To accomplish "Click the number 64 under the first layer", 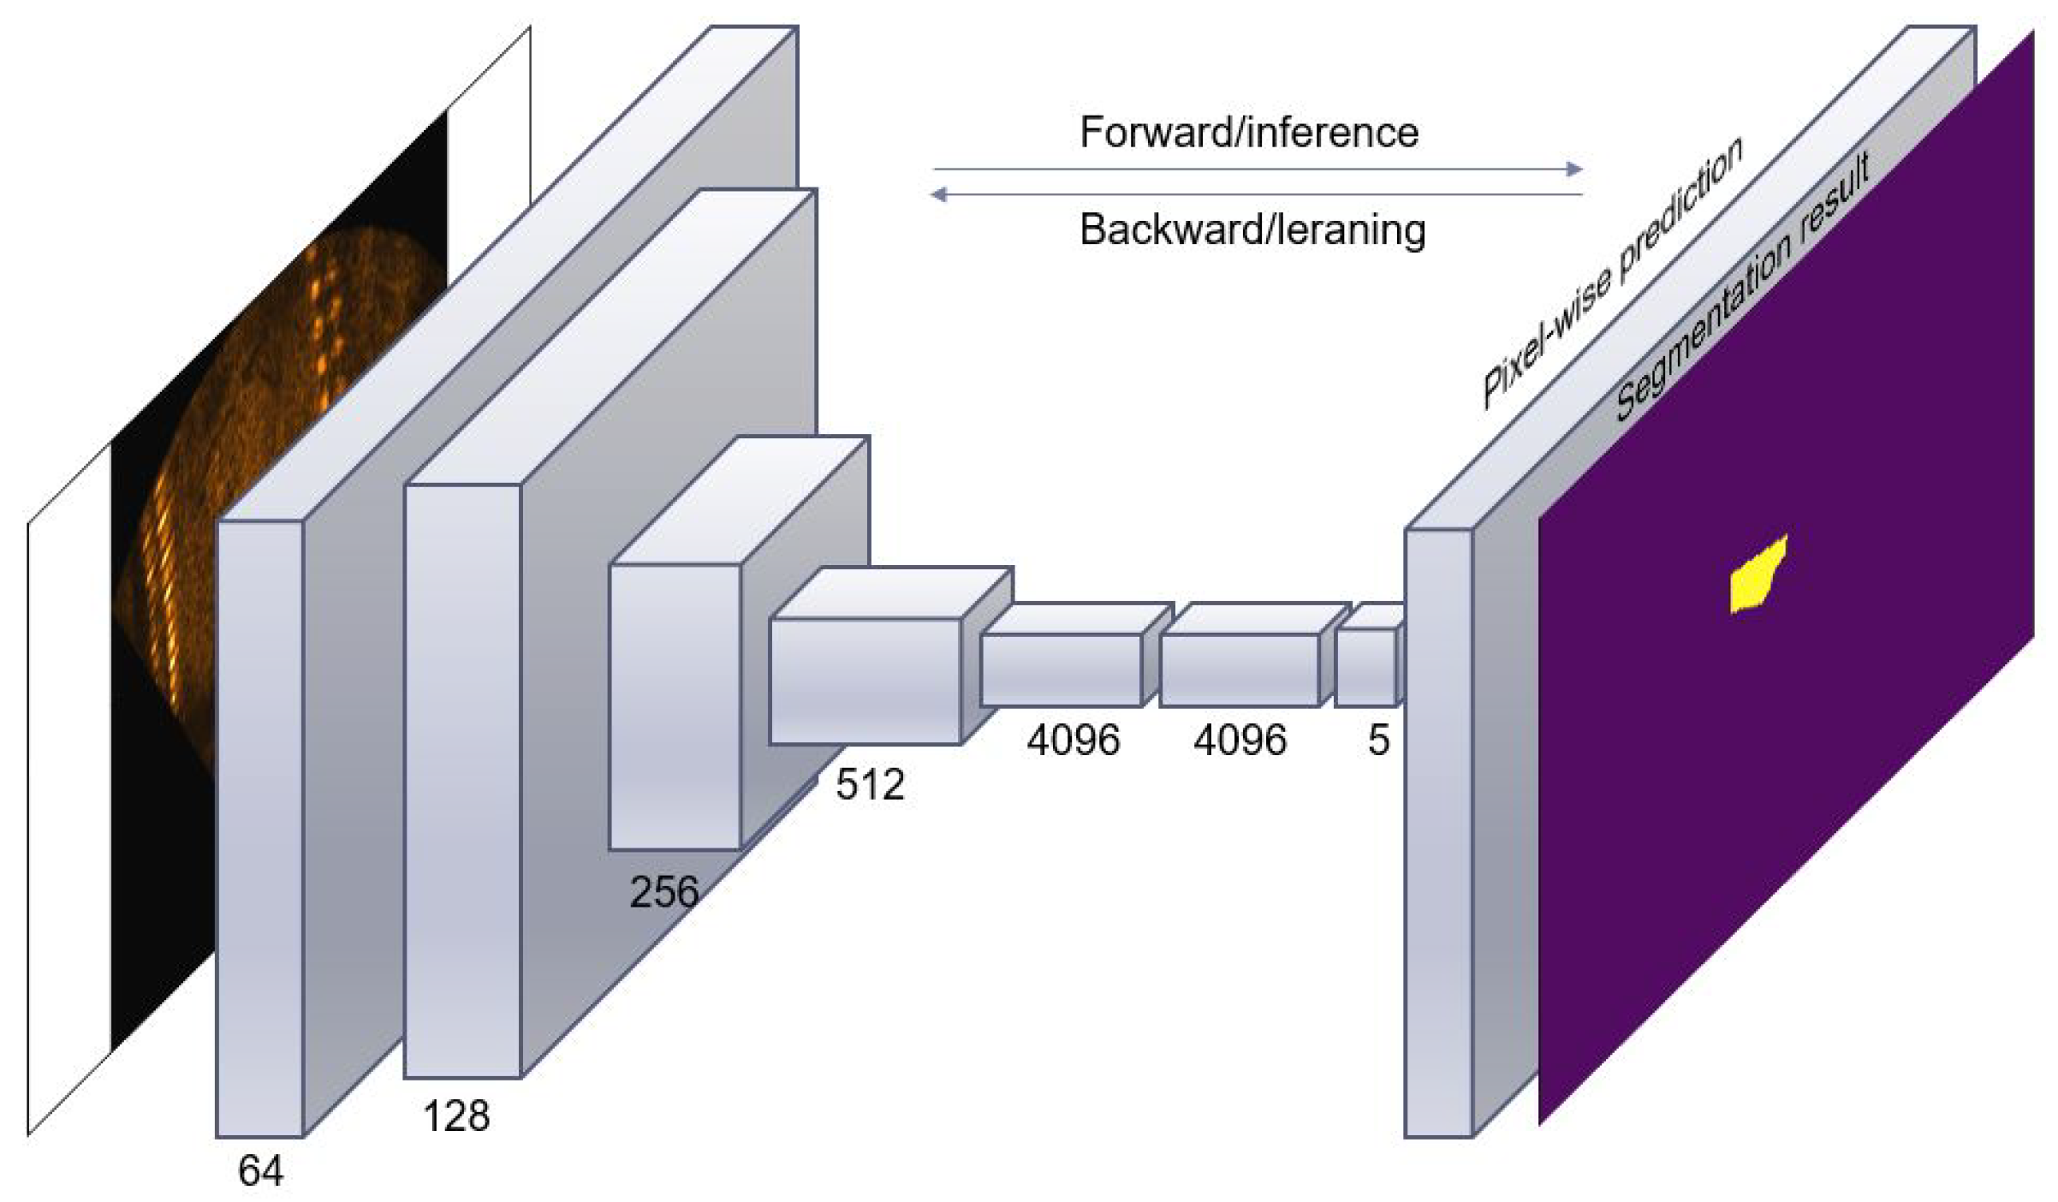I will (260, 1170).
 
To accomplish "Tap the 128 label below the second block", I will (456, 1116).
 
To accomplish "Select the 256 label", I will (664, 892).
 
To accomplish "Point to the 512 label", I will (870, 784).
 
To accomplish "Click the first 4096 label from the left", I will (1074, 739).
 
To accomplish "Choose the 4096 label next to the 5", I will (1240, 739).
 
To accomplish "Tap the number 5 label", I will (1378, 740).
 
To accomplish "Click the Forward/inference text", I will (1249, 133).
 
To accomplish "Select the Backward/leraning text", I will (1252, 230).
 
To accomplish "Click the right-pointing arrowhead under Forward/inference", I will (1573, 170).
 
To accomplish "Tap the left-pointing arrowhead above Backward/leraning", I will (939, 195).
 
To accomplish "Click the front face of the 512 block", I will (865, 681).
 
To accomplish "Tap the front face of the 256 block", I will (675, 707).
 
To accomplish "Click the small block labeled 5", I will (1365, 668).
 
